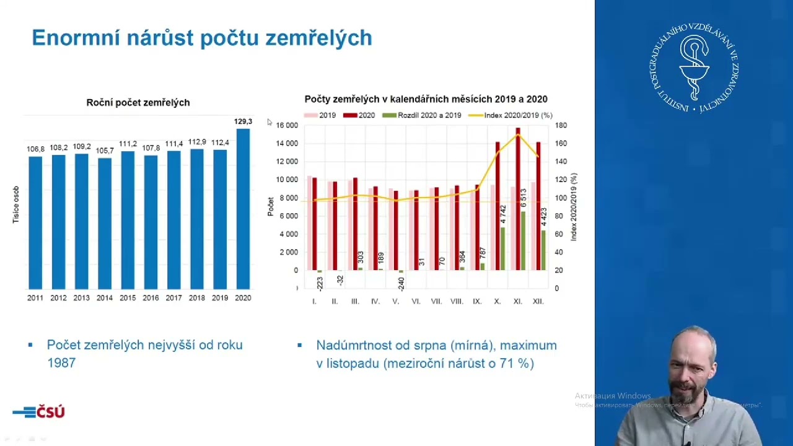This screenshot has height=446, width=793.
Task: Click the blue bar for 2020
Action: click(x=243, y=209)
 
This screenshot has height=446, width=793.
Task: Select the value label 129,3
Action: click(x=243, y=122)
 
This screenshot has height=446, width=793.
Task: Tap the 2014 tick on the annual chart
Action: click(x=104, y=298)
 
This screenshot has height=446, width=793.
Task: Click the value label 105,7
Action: click(x=105, y=151)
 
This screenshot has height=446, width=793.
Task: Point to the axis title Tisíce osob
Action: click(x=16, y=204)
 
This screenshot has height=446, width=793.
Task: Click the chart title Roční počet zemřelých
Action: click(x=138, y=103)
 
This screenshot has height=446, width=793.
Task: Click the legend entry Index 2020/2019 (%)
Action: click(x=511, y=115)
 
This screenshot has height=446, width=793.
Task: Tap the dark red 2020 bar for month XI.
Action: click(x=518, y=198)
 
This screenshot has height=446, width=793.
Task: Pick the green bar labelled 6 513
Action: click(x=524, y=240)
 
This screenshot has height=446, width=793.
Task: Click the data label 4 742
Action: click(x=503, y=214)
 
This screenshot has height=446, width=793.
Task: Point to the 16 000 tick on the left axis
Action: click(x=287, y=126)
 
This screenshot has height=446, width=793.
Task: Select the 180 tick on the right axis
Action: click(x=561, y=126)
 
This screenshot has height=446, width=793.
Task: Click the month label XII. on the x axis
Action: click(x=538, y=302)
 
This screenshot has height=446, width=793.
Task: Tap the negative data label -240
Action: click(x=401, y=284)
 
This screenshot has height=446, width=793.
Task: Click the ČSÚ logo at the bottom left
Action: click(x=38, y=412)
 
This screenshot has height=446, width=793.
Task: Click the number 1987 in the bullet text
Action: click(x=61, y=363)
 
